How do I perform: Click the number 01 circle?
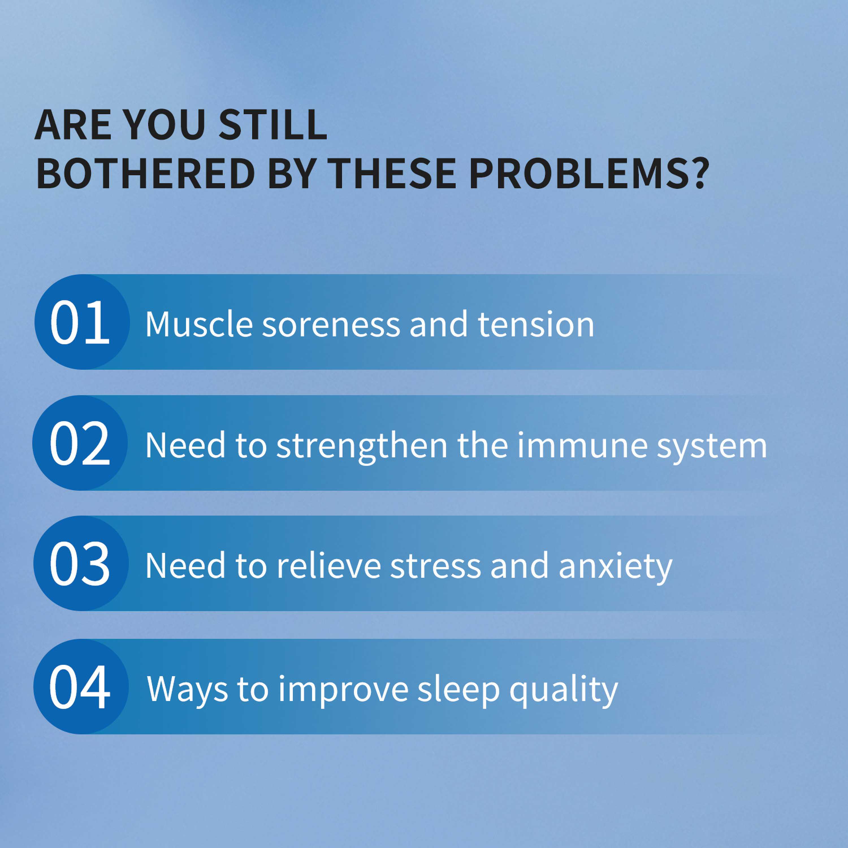click(x=82, y=322)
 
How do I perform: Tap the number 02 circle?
click(x=80, y=443)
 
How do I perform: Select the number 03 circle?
click(x=81, y=563)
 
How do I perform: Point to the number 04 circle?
click(x=81, y=687)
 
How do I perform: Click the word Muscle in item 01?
click(x=199, y=325)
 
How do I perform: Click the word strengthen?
click(x=362, y=446)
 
